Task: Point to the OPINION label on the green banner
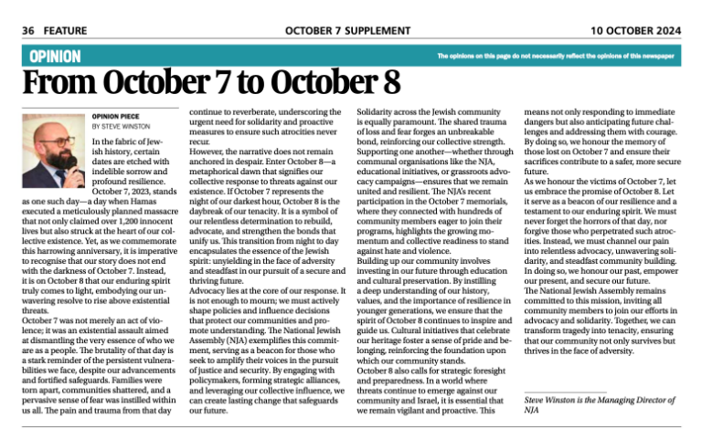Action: [55, 56]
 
